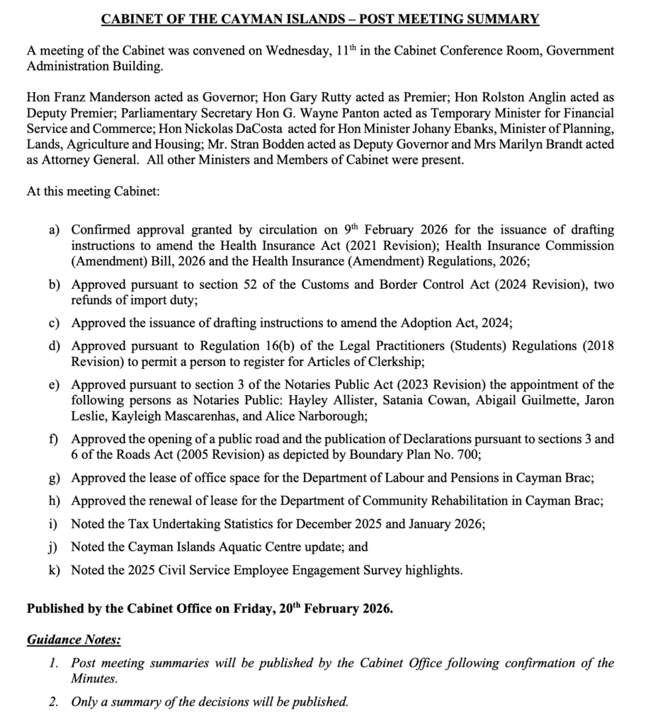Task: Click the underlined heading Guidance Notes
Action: click(x=74, y=640)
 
